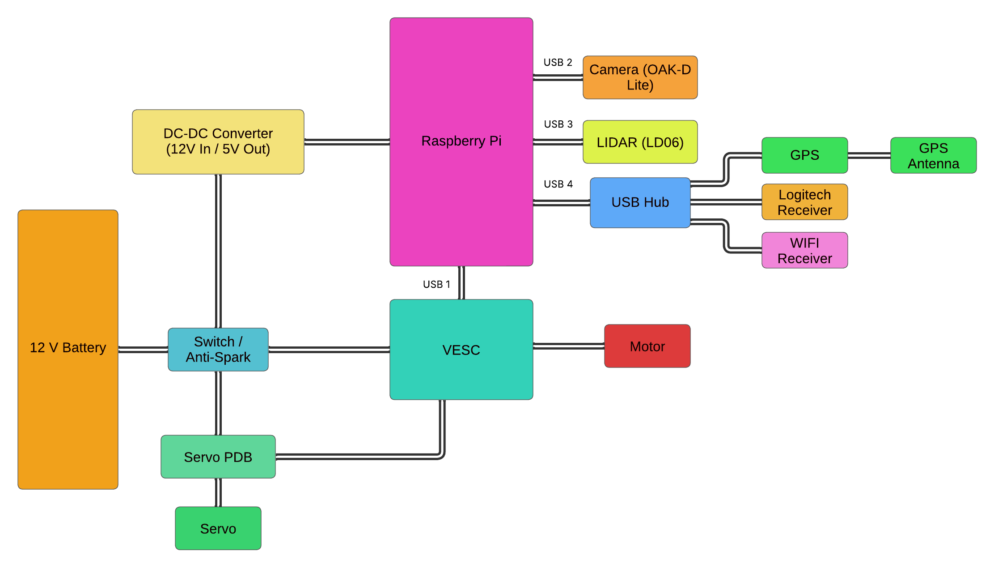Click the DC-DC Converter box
(x=218, y=141)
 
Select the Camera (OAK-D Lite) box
(x=640, y=77)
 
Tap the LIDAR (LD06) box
(x=640, y=142)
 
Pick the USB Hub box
(x=640, y=202)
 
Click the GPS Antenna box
(x=933, y=155)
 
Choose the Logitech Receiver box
(x=804, y=202)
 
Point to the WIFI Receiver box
(x=804, y=250)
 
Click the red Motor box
(x=647, y=346)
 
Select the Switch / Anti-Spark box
(x=218, y=349)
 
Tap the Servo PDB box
(x=218, y=457)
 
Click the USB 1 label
(x=436, y=284)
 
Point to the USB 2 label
(x=558, y=62)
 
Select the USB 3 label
(x=558, y=124)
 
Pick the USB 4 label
(x=558, y=184)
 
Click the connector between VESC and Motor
(x=568, y=346)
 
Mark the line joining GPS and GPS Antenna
(x=869, y=155)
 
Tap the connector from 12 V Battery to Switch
(x=143, y=349)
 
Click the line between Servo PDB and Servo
(x=218, y=492)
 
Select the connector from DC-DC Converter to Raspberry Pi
(x=347, y=142)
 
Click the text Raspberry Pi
(x=461, y=141)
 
